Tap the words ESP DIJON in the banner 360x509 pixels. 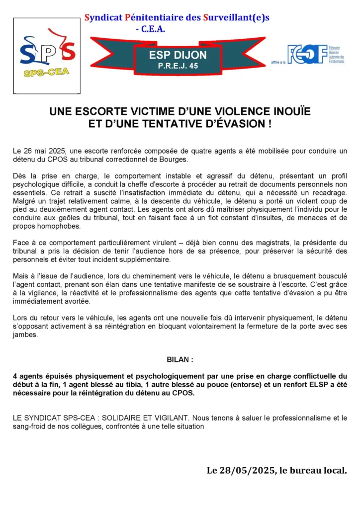point(178,56)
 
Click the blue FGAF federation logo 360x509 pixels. point(307,54)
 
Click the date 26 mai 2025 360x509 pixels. point(46,150)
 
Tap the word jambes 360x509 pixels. point(25,336)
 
